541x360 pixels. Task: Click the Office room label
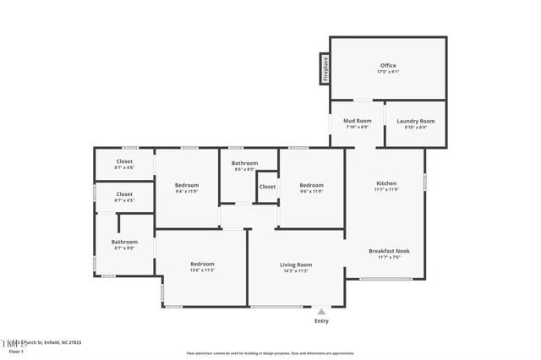[388, 65]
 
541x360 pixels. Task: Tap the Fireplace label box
[324, 68]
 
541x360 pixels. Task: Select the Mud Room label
[357, 121]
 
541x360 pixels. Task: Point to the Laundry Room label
[416, 121]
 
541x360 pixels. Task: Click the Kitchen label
[386, 183]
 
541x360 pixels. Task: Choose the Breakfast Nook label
[385, 251]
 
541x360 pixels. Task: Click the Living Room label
[296, 265]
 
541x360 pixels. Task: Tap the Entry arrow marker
[321, 311]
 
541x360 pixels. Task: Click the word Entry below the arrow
[321, 321]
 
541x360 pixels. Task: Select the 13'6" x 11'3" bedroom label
[201, 265]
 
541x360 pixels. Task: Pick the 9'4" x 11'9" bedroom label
[187, 185]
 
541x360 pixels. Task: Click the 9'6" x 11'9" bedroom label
[311, 185]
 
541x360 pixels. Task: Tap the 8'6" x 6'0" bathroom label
[245, 163]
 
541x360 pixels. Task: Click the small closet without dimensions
[267, 187]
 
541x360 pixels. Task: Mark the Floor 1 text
[10, 350]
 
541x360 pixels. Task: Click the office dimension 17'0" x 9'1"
[388, 72]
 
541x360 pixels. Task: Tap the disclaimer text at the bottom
[270, 352]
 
